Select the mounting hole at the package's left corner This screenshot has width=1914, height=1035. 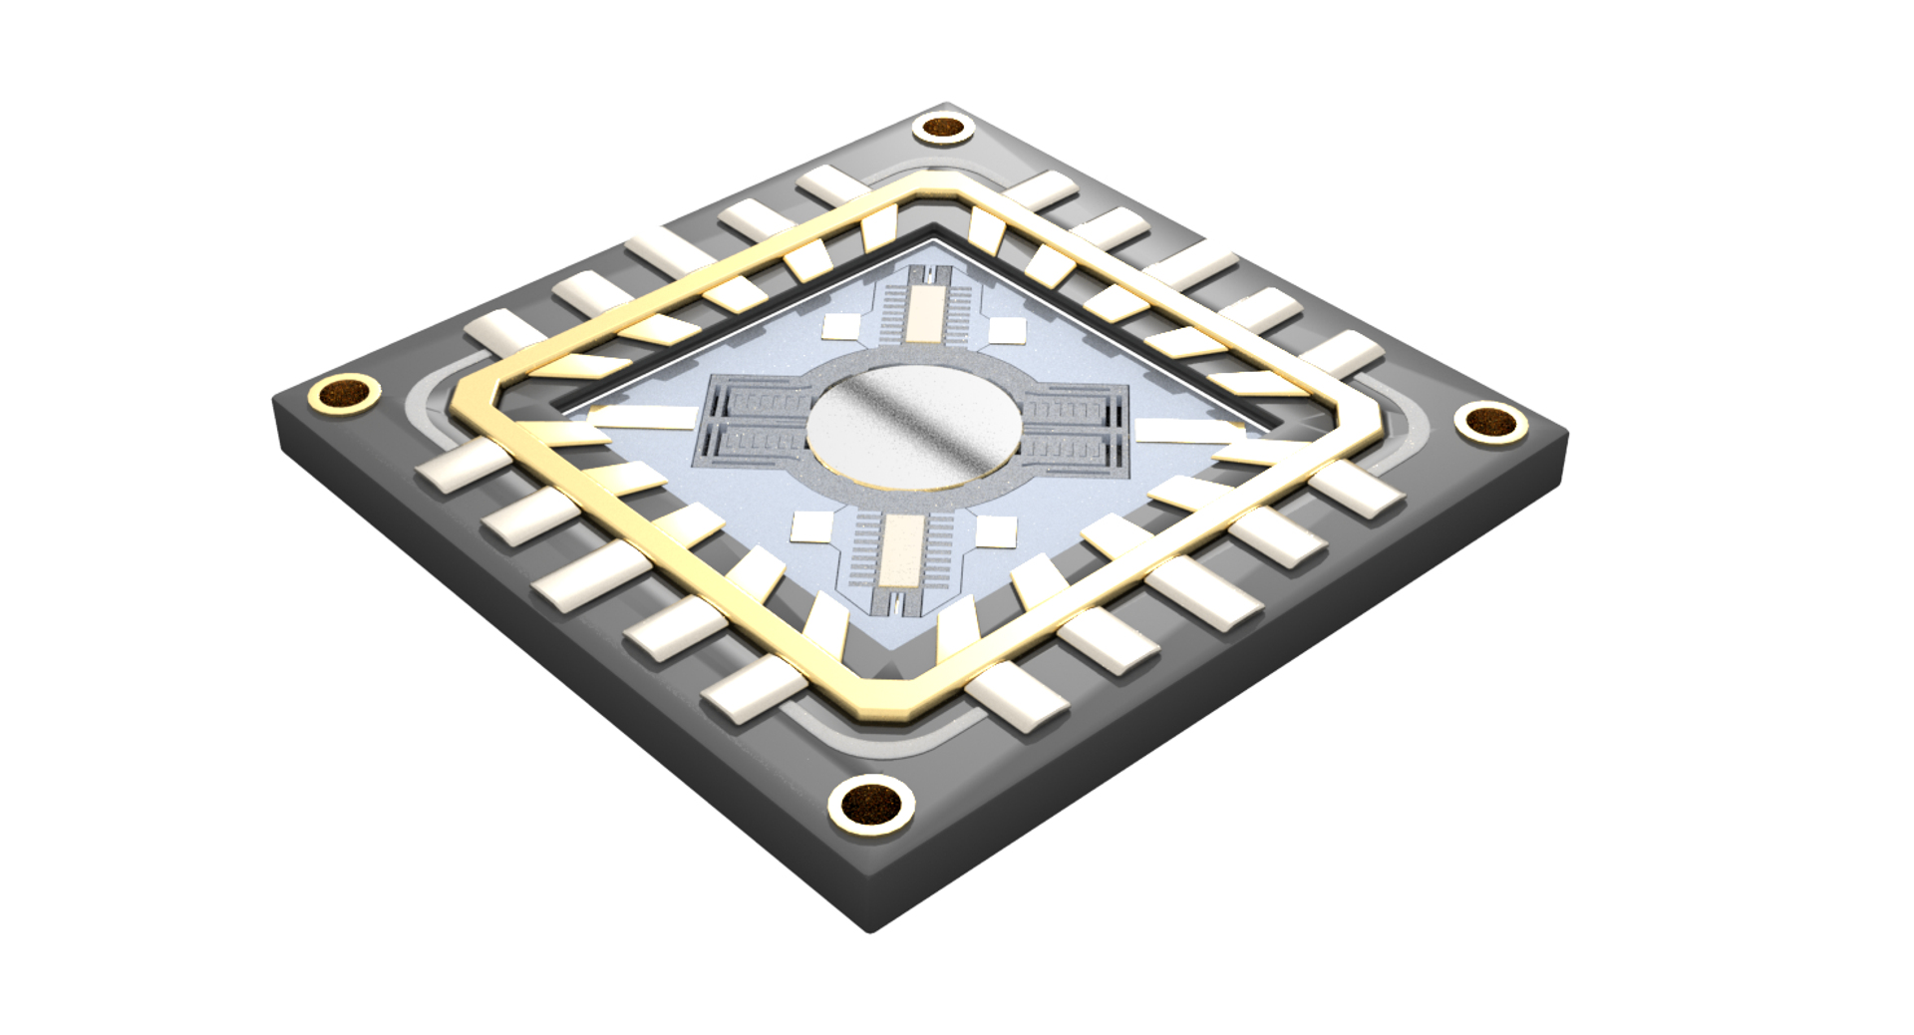pyautogui.click(x=345, y=394)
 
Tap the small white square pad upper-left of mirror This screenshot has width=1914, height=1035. pyautogui.click(x=842, y=325)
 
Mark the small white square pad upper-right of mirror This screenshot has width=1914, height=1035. pyautogui.click(x=1005, y=330)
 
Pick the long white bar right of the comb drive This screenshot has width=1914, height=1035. pyautogui.click(x=1186, y=435)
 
